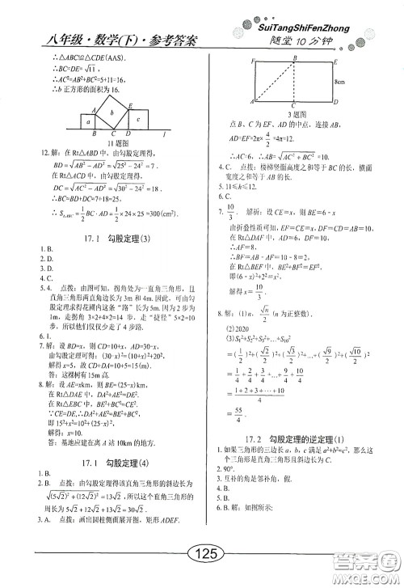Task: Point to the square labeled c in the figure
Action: (138, 118)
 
